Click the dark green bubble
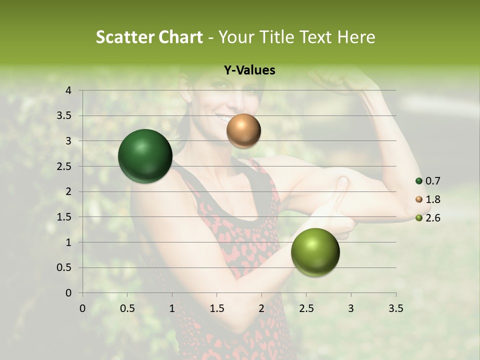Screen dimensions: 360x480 tap(145, 156)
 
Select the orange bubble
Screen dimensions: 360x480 tap(243, 130)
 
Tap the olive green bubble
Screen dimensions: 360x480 tap(315, 252)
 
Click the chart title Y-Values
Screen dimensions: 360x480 tap(249, 70)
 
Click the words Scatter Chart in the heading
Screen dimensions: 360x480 tap(149, 37)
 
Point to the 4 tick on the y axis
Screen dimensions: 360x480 tap(68, 90)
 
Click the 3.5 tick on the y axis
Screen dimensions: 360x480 tap(64, 116)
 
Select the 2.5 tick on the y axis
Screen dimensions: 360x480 tap(64, 166)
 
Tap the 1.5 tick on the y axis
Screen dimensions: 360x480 tap(64, 217)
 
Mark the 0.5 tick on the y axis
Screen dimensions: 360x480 tap(64, 267)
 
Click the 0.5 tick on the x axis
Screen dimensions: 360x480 tap(127, 308)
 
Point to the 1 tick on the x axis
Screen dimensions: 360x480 tap(172, 308)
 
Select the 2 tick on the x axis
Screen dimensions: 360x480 tap(261, 308)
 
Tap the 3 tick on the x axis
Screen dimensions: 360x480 tap(351, 308)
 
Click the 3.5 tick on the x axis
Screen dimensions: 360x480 tap(395, 308)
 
